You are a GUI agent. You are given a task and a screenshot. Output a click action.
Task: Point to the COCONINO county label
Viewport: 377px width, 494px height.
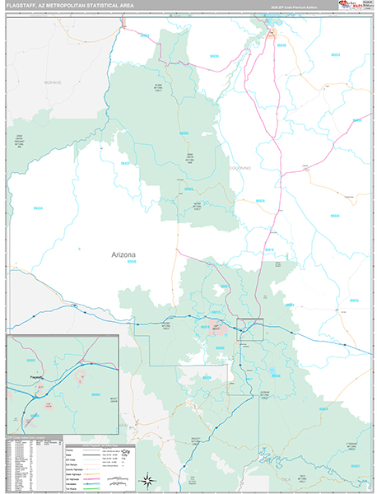click(240, 167)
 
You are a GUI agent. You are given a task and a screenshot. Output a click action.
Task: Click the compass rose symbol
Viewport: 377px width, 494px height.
click(146, 478)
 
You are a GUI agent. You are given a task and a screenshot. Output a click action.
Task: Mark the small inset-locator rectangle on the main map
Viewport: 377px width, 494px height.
click(250, 329)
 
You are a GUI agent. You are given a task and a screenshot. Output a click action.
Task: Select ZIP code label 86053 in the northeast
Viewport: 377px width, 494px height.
click(356, 120)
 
